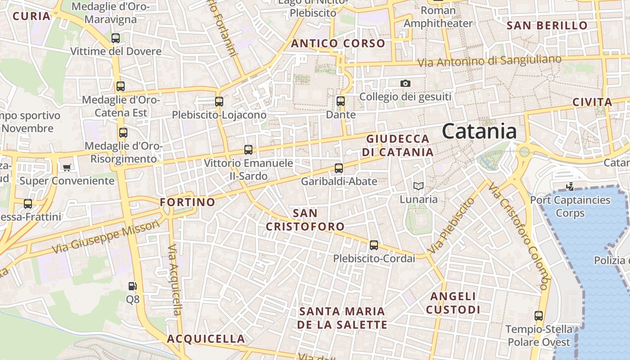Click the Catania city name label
479,131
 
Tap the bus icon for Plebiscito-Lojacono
219,102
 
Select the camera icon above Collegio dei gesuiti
405,83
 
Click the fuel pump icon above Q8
132,286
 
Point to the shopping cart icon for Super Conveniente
67,167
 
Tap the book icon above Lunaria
418,186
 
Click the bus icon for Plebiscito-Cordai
374,245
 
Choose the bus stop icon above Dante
341,101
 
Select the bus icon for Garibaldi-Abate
339,168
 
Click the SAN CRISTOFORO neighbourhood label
305,220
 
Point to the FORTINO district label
188,202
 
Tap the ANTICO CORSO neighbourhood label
338,44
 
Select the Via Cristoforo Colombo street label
519,236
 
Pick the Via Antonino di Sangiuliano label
490,61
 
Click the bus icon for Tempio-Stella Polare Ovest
539,316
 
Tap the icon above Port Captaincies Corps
570,186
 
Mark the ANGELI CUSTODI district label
453,303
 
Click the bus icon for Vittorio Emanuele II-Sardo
248,150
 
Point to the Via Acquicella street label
174,279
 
